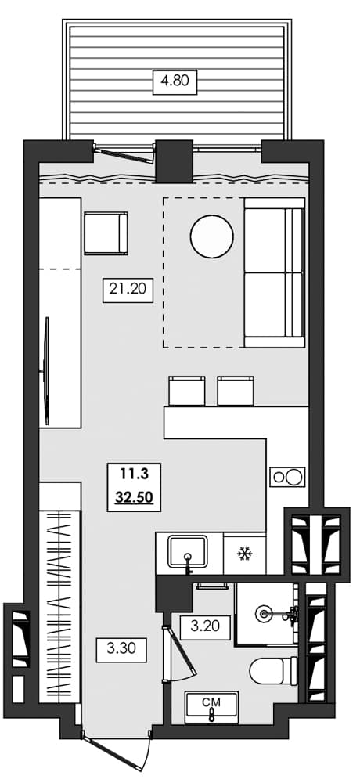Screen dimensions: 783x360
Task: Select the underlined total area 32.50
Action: (x=133, y=496)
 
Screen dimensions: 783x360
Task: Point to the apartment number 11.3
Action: (x=133, y=473)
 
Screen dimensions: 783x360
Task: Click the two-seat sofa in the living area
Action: (x=273, y=272)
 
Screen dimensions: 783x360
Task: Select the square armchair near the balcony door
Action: (x=105, y=233)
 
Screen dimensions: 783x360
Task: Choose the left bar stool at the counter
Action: (x=187, y=390)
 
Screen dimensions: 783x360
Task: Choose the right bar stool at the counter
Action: (x=236, y=390)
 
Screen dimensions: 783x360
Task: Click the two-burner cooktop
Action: (x=286, y=477)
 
